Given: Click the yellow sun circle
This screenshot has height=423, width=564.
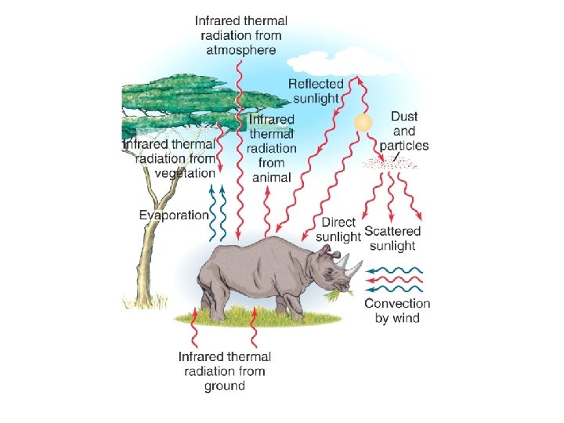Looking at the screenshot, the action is [x=362, y=123].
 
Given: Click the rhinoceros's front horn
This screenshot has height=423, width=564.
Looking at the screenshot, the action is [x=357, y=269].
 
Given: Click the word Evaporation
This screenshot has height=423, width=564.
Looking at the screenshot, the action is [x=174, y=215].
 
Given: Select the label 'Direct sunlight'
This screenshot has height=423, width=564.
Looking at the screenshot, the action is [x=338, y=230].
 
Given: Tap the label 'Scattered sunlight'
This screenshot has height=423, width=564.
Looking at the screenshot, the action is [x=392, y=238].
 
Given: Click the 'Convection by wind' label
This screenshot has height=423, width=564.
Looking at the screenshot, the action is [x=397, y=310].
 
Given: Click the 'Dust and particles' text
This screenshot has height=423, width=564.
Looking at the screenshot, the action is [x=404, y=131].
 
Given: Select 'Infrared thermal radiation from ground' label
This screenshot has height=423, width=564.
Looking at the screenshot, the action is [x=225, y=371].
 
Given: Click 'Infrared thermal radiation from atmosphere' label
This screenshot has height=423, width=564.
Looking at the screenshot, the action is [x=241, y=35].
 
